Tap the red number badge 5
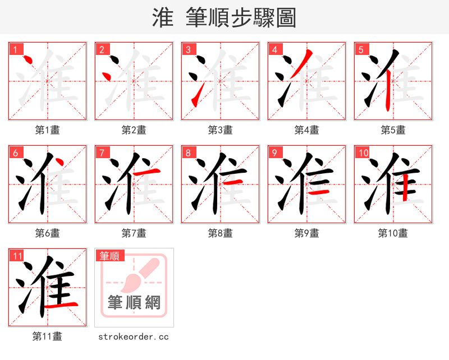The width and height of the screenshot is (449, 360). pos(361,49)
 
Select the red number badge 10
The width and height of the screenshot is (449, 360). pos(363,153)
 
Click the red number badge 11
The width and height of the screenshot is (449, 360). pos(17,256)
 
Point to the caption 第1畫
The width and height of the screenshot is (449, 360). pos(48,130)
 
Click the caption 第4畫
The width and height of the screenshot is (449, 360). pos(307,130)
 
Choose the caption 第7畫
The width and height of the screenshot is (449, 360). pos(134,233)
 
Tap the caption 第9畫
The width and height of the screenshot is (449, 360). pos(307,233)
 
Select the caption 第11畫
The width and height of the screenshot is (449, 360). pos(48,336)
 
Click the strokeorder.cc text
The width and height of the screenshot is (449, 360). pos(134,337)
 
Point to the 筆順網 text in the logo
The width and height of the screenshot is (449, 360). pos(134,303)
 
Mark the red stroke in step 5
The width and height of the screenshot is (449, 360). pos(388,93)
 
